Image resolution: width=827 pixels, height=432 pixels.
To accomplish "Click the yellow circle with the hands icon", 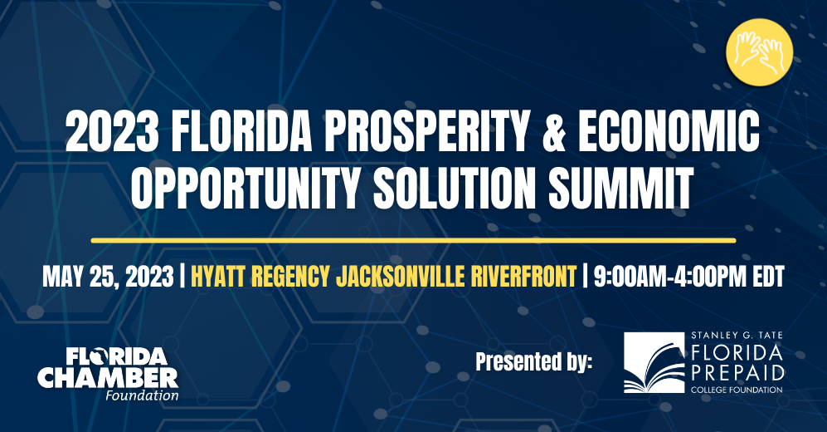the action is click(759, 52).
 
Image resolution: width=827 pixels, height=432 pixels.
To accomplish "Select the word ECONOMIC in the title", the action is click(669, 131).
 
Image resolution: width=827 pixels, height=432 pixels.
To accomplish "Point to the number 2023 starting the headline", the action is click(112, 131).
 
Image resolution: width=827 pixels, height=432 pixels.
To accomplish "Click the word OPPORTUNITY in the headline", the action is click(244, 188).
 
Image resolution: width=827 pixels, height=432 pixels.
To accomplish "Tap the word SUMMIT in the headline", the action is click(621, 188).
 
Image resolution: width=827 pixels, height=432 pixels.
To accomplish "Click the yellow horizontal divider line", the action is click(413, 241).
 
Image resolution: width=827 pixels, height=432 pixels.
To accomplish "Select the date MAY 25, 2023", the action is click(108, 277).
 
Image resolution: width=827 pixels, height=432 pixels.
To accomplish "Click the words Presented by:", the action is click(533, 362).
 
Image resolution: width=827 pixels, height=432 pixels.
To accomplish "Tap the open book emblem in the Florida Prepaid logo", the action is click(654, 363).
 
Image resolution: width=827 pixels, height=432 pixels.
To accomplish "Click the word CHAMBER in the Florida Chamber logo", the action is click(108, 378).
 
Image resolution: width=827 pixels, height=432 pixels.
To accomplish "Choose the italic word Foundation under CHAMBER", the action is click(142, 395).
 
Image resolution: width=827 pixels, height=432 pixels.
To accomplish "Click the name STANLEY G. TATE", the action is click(737, 336).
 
